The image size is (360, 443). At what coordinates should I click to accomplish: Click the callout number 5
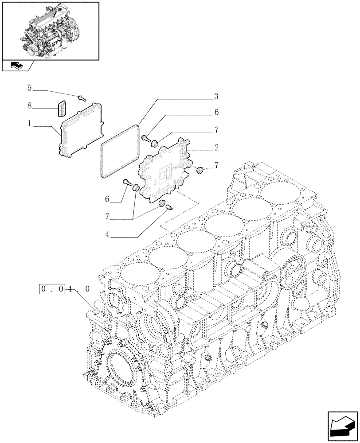point(30,88)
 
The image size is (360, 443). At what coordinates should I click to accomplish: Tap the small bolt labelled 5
point(81,97)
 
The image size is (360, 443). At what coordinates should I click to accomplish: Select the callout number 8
point(30,106)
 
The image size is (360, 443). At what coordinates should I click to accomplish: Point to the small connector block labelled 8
point(61,108)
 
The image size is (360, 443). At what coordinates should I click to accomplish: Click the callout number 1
point(30,124)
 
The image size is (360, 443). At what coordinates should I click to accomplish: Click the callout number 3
point(216,96)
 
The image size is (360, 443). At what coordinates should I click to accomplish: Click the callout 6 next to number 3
point(216,113)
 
